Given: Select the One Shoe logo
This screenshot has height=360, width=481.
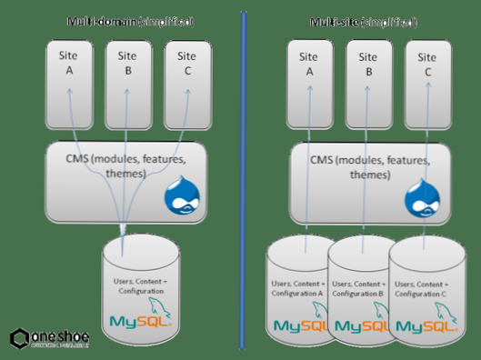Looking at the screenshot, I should pyautogui.click(x=50, y=338).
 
